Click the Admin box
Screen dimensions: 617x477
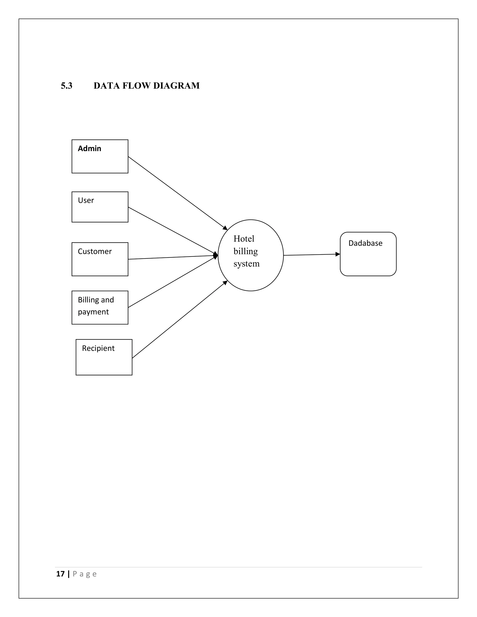point(100,156)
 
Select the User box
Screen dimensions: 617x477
point(100,207)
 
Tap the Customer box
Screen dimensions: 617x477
point(100,259)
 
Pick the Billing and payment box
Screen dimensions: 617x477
point(100,307)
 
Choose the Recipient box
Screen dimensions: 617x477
point(104,357)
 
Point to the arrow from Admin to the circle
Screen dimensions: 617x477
point(177,193)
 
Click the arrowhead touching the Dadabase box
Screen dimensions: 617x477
point(338,254)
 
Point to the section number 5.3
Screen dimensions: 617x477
point(66,86)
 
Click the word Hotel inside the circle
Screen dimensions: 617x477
point(244,239)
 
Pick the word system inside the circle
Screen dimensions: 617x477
point(246,264)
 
